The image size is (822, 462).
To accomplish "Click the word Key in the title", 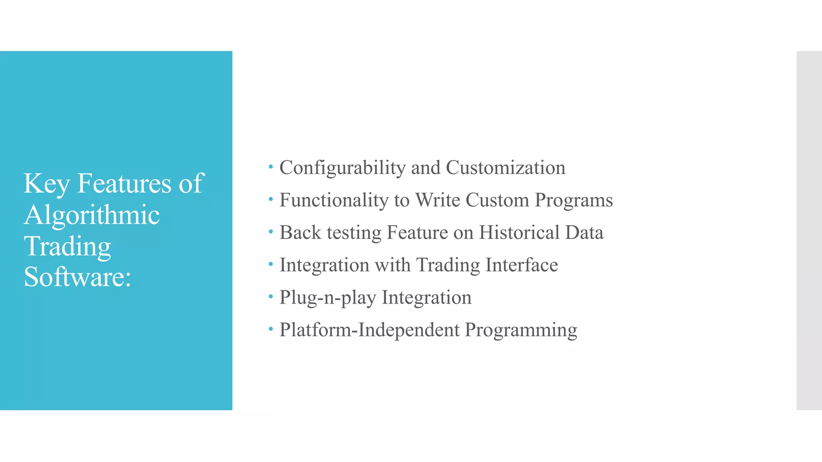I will coord(47,184).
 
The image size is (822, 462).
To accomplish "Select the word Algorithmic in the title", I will coord(92,215).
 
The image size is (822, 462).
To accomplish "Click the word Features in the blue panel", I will coord(124,183).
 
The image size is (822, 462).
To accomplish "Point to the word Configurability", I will coord(342,168).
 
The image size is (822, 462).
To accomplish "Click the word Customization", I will coord(505,168).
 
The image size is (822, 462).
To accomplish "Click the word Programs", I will coord(574,200).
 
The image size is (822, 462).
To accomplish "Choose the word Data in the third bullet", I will coord(584,233).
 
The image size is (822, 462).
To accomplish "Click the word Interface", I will coord(521,265).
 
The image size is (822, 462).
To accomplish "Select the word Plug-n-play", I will coord(328,298).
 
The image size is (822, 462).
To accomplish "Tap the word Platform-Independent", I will coord(369,330).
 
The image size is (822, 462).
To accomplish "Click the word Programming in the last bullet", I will coord(521,330).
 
